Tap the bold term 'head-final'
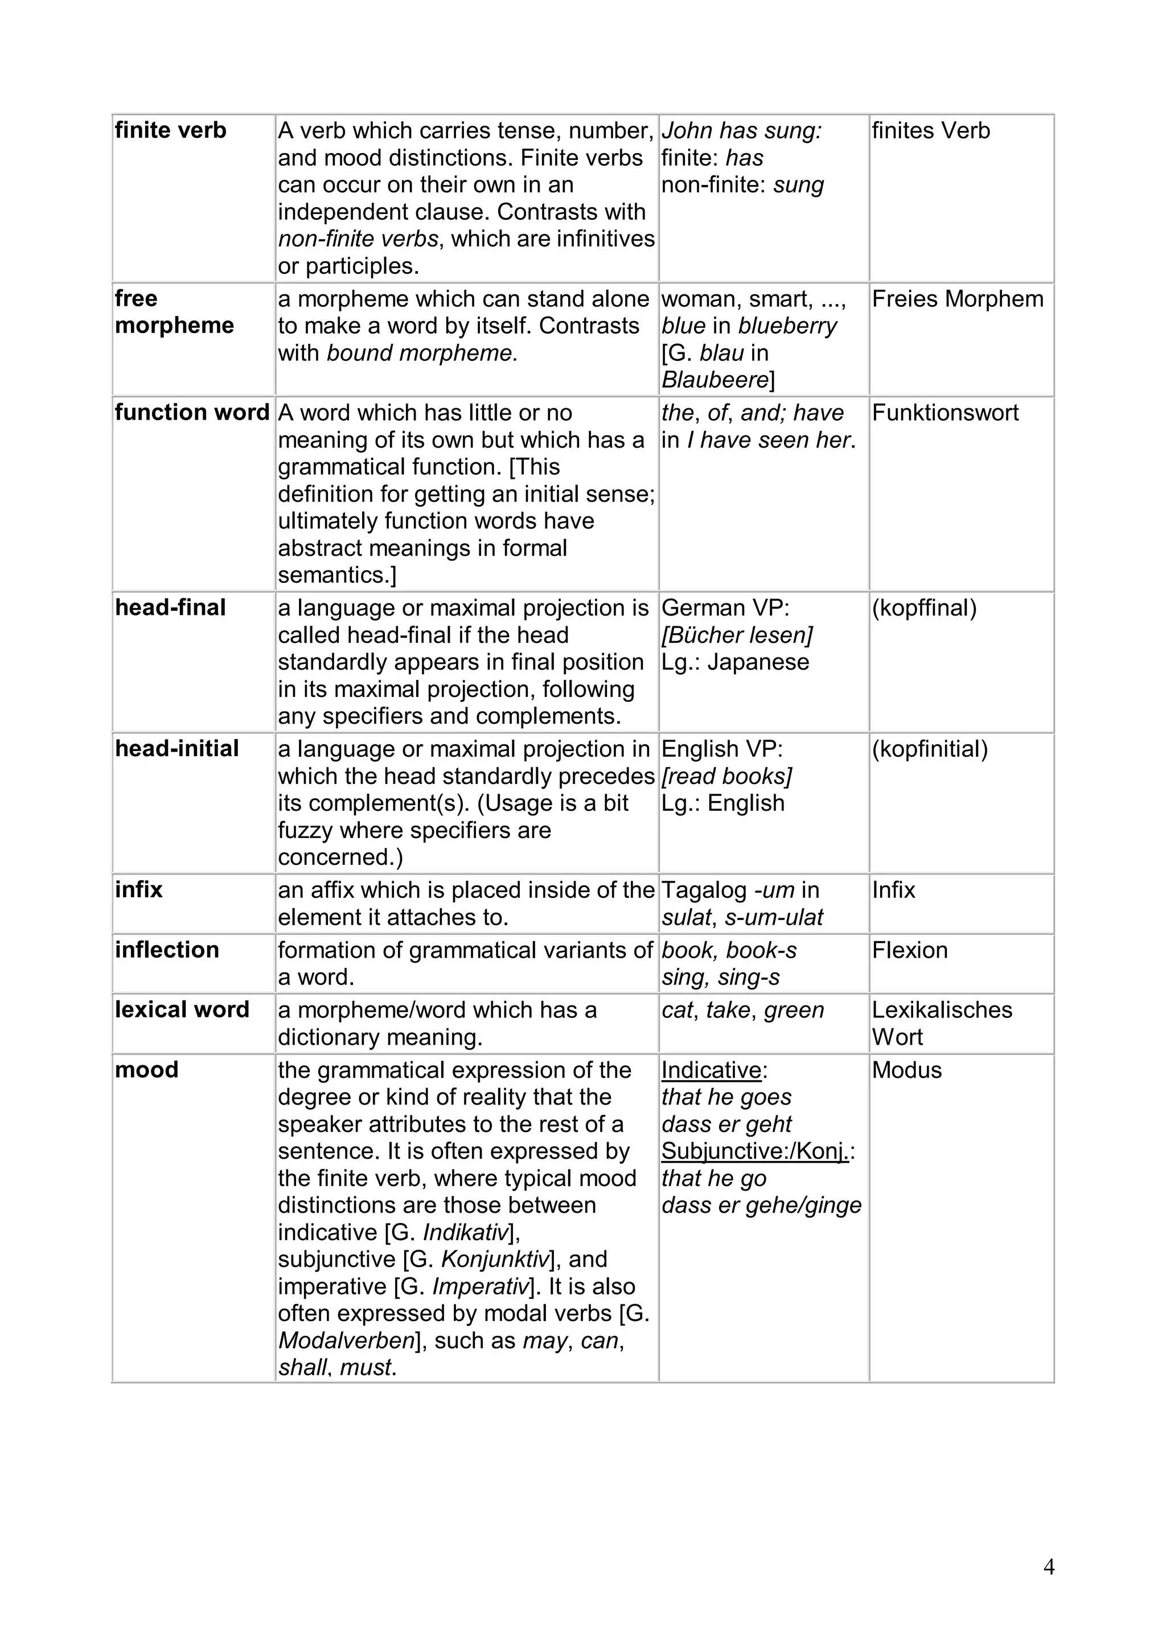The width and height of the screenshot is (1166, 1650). (x=170, y=608)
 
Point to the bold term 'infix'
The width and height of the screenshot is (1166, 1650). (x=139, y=890)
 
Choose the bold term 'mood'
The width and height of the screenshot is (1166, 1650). (x=146, y=1070)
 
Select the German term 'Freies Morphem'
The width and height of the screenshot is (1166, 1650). (x=957, y=299)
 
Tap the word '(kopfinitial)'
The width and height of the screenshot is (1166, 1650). (x=930, y=749)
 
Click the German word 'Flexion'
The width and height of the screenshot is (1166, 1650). (x=910, y=950)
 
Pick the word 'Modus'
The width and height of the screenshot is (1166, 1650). (x=906, y=1070)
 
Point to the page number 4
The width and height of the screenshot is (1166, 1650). (x=1048, y=1567)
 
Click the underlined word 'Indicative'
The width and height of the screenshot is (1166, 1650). (x=711, y=1070)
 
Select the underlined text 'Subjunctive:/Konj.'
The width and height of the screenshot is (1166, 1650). (x=754, y=1151)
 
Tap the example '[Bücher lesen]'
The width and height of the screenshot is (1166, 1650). (x=737, y=635)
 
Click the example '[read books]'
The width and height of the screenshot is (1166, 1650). (x=726, y=776)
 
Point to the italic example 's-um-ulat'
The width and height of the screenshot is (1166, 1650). (x=774, y=918)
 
